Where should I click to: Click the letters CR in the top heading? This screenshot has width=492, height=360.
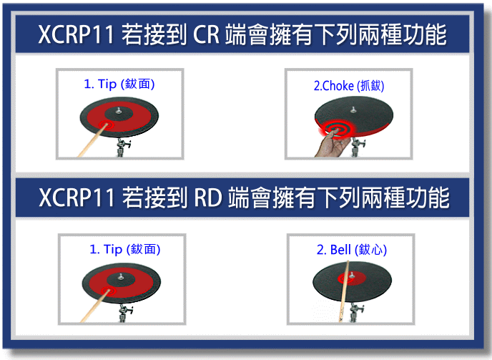(x=206, y=34)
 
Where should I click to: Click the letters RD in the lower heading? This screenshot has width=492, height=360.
(x=209, y=198)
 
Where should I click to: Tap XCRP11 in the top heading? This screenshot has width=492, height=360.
(x=76, y=34)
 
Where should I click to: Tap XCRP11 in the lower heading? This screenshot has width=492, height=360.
(x=77, y=198)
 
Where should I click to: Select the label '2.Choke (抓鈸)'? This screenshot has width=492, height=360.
(x=349, y=86)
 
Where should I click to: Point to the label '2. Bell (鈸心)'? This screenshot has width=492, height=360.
(x=351, y=250)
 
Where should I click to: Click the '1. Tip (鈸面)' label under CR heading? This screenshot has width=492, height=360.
(x=119, y=84)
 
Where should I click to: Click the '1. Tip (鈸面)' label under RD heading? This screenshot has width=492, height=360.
(x=125, y=250)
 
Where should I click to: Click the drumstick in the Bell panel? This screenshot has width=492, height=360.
(x=344, y=291)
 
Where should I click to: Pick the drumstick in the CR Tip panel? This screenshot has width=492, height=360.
(x=92, y=140)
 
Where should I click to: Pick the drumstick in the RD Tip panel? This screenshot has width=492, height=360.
(x=95, y=306)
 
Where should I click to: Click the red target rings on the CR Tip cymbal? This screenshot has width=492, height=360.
(x=105, y=125)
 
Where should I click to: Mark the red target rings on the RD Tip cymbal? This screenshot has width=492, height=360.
(x=108, y=291)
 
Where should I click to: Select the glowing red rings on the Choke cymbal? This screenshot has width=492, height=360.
(x=336, y=129)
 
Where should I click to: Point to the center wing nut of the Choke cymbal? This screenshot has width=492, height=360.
(x=353, y=110)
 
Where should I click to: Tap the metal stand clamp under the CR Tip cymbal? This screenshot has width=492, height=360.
(x=122, y=147)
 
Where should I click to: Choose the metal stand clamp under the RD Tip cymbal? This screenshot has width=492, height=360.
(x=124, y=313)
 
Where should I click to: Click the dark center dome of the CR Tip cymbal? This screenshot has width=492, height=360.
(x=119, y=113)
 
